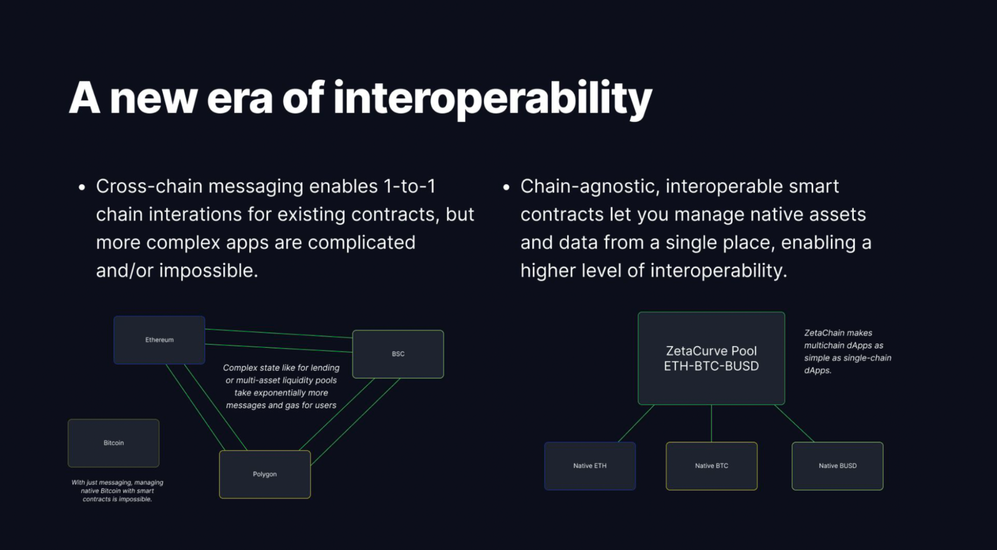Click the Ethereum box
[x=159, y=340]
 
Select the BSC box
[x=398, y=354]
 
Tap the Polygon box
[x=265, y=474]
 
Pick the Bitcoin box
[x=114, y=443]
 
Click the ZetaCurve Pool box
[x=711, y=358]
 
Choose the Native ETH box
[x=590, y=466]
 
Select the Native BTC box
[x=712, y=466]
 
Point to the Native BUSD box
[x=837, y=466]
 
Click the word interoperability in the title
[x=492, y=100]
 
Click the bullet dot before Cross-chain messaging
[x=82, y=188]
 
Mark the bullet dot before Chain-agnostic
[x=507, y=188]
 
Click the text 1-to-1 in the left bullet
[x=409, y=186]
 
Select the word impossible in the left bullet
[x=208, y=271]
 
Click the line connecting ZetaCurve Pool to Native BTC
[x=711, y=423]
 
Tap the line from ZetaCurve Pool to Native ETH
[x=636, y=423]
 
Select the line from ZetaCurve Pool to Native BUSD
[x=794, y=423]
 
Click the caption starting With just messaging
[x=117, y=491]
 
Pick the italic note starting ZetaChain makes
[x=847, y=351]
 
